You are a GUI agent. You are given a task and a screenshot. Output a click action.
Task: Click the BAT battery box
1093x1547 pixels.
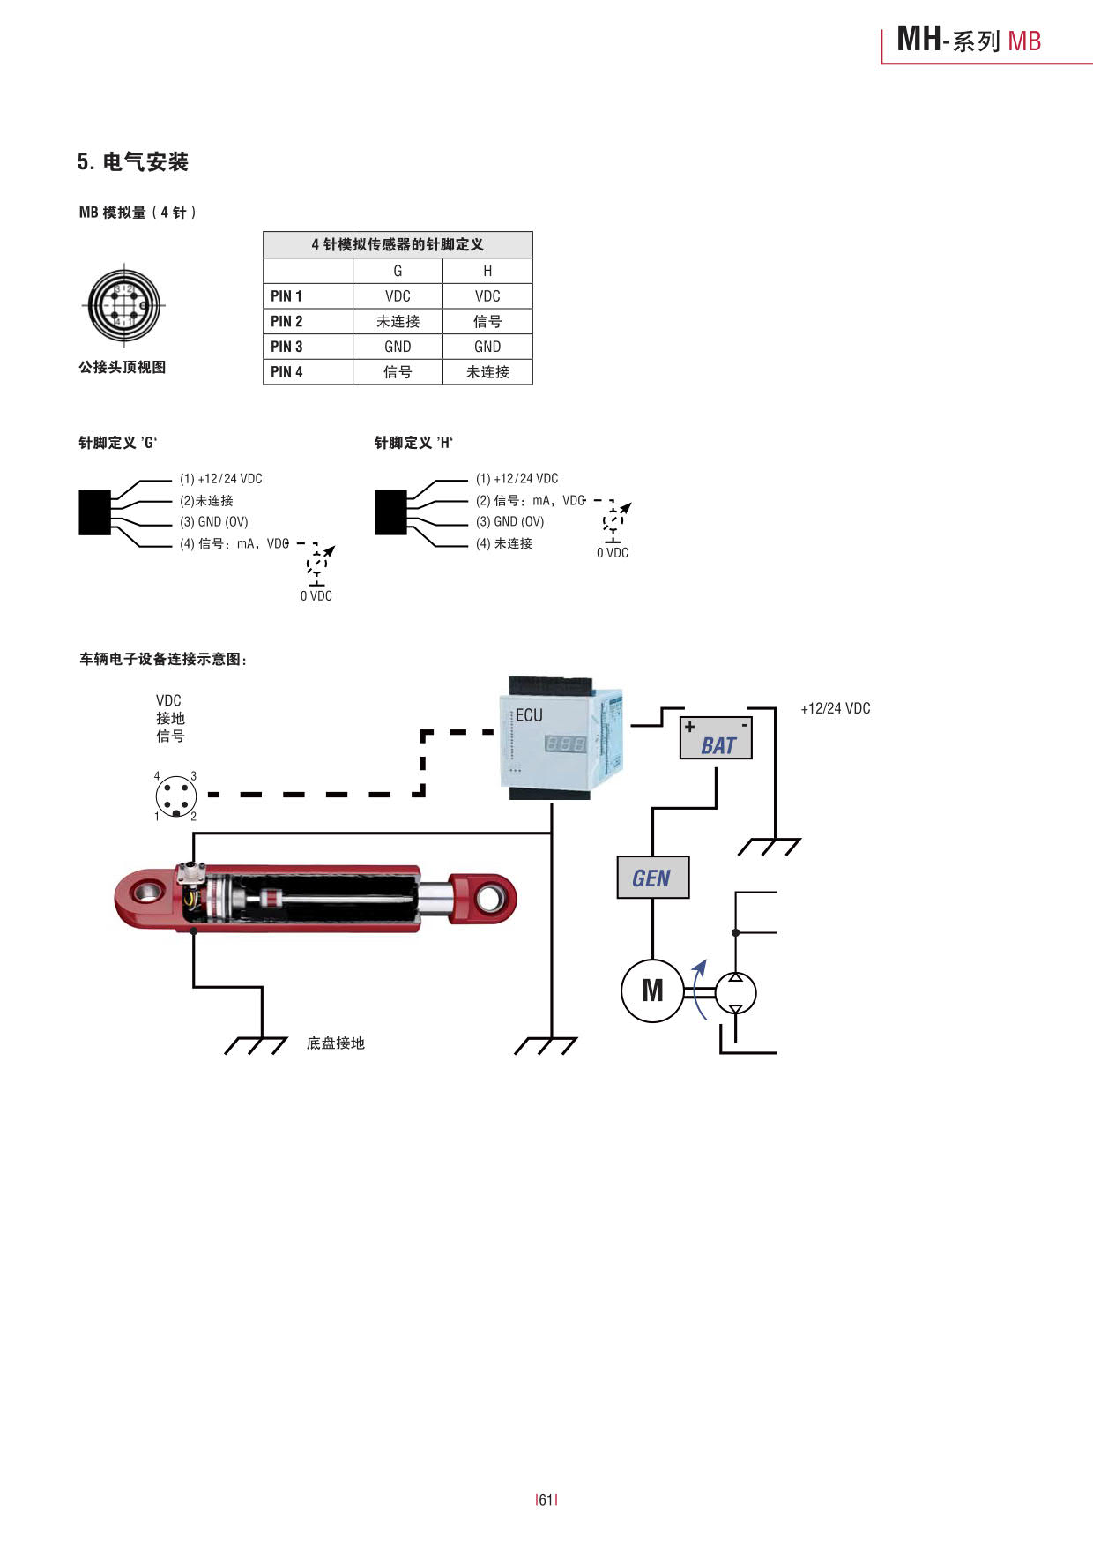(716, 738)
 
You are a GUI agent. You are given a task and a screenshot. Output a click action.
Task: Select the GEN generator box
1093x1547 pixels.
(652, 878)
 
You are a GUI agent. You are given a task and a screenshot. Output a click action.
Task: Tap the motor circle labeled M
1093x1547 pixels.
(652, 990)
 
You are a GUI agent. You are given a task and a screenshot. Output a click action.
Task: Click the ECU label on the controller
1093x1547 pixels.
(529, 715)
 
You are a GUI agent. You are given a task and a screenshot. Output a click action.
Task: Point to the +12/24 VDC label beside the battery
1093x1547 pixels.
(835, 708)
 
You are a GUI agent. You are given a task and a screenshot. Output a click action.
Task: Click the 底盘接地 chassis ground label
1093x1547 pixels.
(335, 1043)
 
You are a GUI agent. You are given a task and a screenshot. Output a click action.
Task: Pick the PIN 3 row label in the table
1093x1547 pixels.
(286, 347)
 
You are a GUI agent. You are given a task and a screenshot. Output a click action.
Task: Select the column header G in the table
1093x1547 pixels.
(398, 271)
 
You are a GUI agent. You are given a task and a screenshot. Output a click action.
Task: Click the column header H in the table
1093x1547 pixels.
(487, 271)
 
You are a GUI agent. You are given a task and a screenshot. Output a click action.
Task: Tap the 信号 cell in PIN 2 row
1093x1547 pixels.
(487, 321)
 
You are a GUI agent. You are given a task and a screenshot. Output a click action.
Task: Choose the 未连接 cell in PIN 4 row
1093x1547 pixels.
(487, 372)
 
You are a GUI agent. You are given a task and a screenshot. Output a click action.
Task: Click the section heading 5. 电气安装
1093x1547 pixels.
(133, 162)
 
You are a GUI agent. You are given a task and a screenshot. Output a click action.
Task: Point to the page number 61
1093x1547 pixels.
(546, 1499)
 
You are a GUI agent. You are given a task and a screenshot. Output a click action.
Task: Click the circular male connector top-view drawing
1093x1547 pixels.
(123, 305)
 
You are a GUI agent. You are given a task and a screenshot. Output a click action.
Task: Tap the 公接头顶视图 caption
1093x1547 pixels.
(123, 367)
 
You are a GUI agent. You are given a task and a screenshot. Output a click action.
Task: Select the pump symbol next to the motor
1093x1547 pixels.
(735, 992)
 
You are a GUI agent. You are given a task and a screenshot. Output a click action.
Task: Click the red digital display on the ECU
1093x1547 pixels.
(565, 744)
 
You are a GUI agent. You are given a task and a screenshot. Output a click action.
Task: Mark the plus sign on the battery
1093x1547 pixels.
(690, 727)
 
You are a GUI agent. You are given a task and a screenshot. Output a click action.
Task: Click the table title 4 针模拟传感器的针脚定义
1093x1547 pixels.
(398, 244)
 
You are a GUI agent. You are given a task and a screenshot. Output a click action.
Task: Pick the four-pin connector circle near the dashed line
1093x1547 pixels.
(175, 796)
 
